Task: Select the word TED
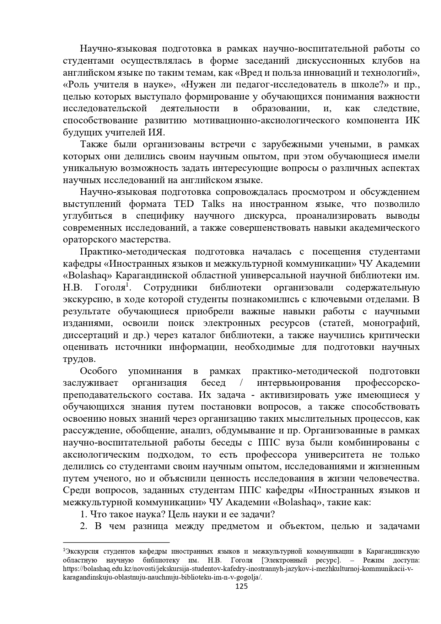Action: tap(183, 204)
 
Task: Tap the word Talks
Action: tap(213, 204)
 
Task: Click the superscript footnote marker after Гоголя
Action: tap(127, 284)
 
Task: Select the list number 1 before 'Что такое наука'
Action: tap(83, 514)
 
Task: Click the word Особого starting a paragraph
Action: tap(98, 371)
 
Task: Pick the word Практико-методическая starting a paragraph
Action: tap(133, 252)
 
